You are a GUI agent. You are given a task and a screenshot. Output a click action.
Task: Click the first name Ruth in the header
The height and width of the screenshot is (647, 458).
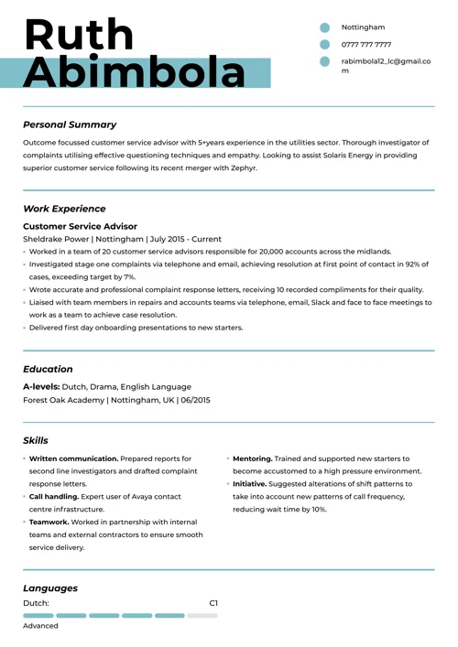pos(79,34)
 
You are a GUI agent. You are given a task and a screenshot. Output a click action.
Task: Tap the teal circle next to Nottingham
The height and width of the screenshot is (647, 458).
pos(324,27)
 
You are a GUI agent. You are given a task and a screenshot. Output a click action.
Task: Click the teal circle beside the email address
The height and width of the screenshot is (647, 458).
pos(324,61)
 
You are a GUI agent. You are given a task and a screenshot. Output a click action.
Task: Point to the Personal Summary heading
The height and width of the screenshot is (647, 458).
pos(70,124)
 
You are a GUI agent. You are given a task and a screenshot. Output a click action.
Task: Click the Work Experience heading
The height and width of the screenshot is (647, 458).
pos(64,209)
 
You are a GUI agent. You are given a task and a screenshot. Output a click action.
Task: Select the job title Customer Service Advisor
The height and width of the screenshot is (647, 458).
pos(80,226)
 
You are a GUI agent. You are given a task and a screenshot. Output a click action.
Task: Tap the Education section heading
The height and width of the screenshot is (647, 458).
pos(48,369)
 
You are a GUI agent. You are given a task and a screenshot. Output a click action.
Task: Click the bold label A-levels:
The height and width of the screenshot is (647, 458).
pos(41,387)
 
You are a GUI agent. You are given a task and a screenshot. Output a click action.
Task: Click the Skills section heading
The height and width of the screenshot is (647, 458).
pos(36,440)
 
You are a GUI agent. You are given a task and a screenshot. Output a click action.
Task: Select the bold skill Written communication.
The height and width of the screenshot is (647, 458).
pos(73,458)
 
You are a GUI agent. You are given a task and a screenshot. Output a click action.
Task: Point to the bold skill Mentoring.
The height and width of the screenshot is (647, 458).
pos(253,458)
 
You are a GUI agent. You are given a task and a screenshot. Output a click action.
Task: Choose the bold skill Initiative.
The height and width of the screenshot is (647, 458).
pos(249,483)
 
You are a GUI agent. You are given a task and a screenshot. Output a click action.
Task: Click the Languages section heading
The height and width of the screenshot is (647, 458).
pos(50,588)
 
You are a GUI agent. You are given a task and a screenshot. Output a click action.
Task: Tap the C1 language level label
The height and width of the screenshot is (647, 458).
pos(213,603)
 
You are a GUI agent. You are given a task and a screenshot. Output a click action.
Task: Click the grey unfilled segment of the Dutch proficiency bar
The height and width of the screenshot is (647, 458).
pos(202,616)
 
